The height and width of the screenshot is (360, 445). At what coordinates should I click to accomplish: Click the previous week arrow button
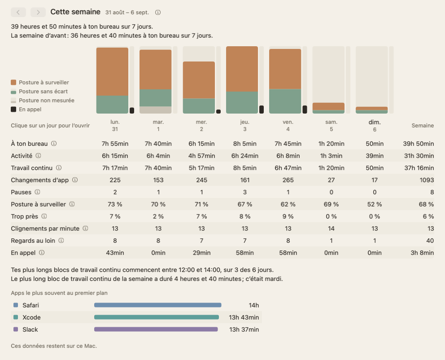[x=18, y=12]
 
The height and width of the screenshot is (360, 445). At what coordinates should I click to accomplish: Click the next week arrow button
[x=38, y=12]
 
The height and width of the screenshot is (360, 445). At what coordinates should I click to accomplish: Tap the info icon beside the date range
[x=158, y=13]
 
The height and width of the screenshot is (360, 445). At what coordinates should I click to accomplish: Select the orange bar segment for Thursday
[x=242, y=69]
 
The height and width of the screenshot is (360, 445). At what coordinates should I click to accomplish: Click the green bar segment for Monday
[x=113, y=105]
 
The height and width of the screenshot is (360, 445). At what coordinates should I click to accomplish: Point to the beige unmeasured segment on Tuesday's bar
[x=156, y=110]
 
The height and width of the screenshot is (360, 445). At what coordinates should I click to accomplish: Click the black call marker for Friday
[x=305, y=110]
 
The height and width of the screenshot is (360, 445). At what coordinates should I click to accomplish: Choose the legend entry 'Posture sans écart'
[x=43, y=92]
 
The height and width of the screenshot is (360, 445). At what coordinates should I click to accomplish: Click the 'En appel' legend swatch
[x=13, y=110]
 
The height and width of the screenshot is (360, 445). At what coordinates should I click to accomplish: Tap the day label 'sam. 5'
[x=331, y=126]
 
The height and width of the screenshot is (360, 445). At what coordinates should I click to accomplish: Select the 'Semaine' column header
[x=423, y=126]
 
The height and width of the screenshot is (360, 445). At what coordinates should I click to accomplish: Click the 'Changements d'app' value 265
[x=288, y=180]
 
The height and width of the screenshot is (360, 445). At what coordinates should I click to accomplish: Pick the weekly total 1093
[x=427, y=180]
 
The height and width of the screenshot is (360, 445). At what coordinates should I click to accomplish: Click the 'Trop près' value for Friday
[x=288, y=216]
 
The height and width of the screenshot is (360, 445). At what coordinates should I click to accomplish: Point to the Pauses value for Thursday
[x=245, y=192]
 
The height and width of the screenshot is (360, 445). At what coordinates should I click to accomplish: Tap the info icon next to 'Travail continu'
[x=59, y=168]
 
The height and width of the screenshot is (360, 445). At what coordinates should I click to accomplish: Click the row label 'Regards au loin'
[x=33, y=241]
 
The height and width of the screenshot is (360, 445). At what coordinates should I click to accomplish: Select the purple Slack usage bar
[x=156, y=329]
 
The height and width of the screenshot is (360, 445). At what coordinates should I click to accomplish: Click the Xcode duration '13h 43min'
[x=244, y=317]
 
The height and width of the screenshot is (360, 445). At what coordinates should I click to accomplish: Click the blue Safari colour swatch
[x=16, y=305]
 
